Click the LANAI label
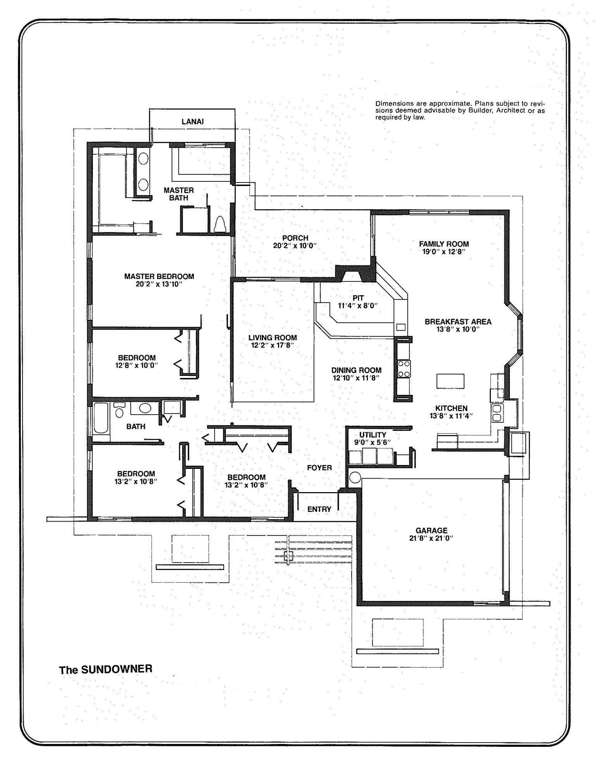pos(192,122)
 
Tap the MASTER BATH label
pos(178,194)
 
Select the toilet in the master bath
pos(220,224)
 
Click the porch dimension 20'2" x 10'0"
pos(295,246)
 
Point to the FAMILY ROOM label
pos(444,244)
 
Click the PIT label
pos(358,298)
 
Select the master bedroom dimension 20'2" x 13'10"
pos(159,284)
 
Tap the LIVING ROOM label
pos(273,338)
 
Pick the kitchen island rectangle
pos(450,381)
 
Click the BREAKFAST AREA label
pos(458,322)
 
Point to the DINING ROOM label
pos(356,370)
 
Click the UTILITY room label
pos(372,435)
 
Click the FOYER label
pos(319,468)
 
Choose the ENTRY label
pos(319,509)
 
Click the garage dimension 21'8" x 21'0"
pos(431,538)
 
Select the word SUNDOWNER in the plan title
pos(117,669)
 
